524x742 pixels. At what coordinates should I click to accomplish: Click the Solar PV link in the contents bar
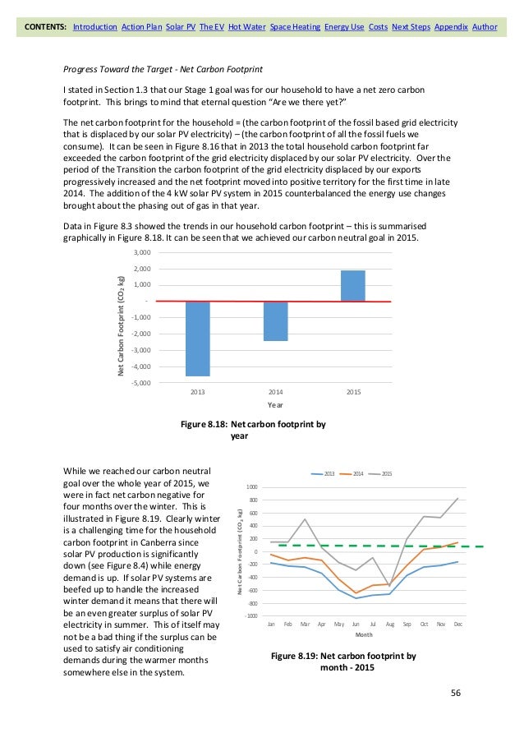click(179, 27)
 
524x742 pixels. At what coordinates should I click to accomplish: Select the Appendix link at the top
click(451, 27)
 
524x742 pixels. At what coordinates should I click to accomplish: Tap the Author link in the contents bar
click(485, 27)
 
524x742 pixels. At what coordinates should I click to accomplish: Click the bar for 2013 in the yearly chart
click(198, 338)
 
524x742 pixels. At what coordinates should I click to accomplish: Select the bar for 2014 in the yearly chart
click(275, 320)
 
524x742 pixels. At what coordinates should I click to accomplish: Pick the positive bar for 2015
click(353, 286)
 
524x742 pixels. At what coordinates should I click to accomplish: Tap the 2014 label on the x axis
click(275, 393)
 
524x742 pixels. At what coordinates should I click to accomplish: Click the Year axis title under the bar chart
click(275, 405)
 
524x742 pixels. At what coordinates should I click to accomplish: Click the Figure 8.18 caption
click(253, 431)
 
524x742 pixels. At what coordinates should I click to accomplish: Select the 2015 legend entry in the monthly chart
click(384, 474)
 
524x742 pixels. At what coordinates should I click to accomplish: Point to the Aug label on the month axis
click(389, 624)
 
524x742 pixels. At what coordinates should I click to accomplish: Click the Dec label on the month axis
click(458, 624)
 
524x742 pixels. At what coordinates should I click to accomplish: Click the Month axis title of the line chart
click(365, 635)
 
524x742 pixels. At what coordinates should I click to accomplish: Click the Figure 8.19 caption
click(343, 661)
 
